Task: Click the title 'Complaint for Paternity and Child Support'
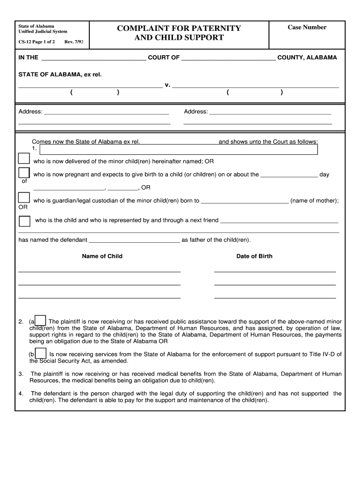click(x=179, y=33)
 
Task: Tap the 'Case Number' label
click(x=307, y=27)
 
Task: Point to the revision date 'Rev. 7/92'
click(x=73, y=42)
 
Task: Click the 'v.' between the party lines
click(x=167, y=85)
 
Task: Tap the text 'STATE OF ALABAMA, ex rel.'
click(x=60, y=74)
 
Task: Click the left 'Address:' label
click(x=30, y=111)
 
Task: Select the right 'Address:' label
click(x=196, y=111)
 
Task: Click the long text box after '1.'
click(x=179, y=149)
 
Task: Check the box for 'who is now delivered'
click(x=24, y=159)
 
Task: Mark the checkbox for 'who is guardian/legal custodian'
click(x=24, y=198)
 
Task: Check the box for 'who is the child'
click(x=24, y=221)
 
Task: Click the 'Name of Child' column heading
click(x=102, y=256)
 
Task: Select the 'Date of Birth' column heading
click(x=254, y=256)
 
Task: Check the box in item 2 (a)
click(x=41, y=321)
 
